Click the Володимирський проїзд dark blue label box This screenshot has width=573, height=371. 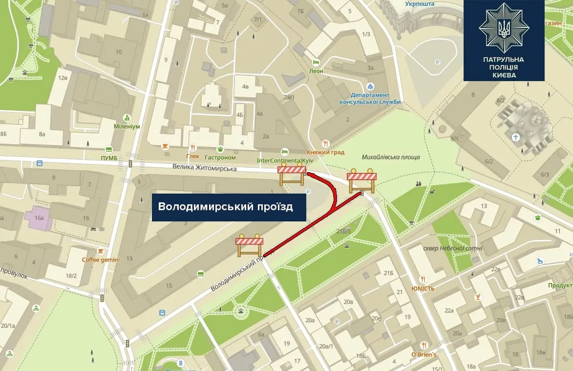tap(229, 207)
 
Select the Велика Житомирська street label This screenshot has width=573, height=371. tap(204, 168)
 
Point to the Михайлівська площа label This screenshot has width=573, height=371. tap(391, 157)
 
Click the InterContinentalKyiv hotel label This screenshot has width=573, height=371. tap(284, 160)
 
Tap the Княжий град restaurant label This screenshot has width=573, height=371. tap(326, 153)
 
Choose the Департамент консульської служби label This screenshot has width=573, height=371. tap(370, 98)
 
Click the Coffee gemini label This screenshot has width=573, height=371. tap(100, 260)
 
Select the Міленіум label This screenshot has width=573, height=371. tap(127, 126)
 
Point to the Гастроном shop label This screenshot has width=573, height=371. tap(220, 157)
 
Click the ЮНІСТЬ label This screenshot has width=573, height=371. tap(423, 288)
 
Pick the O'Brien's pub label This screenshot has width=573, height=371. tap(424, 354)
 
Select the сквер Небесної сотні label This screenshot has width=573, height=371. tap(454, 248)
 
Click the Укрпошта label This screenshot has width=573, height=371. tap(420, 4)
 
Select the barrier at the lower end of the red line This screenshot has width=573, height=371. tap(249, 245)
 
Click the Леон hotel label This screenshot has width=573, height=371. tap(316, 71)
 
